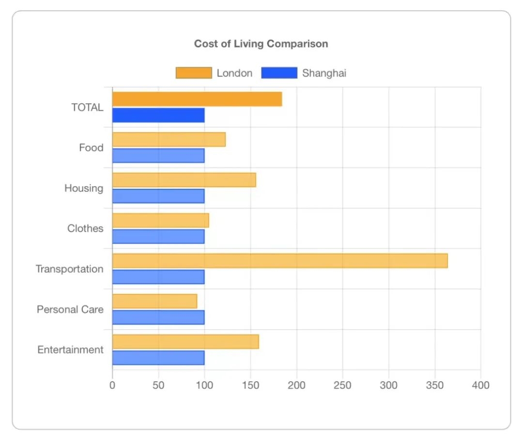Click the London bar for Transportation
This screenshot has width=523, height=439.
coord(280,260)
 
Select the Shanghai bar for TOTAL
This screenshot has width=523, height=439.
coord(158,115)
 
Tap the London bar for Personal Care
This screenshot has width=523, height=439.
coord(154,301)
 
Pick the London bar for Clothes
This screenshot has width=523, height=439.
coord(160,220)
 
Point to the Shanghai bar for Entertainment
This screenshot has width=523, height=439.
coord(158,358)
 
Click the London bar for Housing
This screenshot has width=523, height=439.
coord(184,180)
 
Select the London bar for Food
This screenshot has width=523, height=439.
coord(169,139)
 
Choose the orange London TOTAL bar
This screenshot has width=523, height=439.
coord(197,99)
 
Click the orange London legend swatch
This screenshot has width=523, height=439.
coord(194,73)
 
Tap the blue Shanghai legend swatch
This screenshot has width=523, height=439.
coord(279,73)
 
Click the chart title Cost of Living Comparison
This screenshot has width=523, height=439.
coord(261,44)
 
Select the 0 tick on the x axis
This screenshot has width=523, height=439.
coord(112,385)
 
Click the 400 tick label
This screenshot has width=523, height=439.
coord(480,385)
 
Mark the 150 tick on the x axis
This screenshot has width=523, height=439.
coord(250,385)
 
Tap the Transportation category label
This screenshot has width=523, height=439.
coord(69,269)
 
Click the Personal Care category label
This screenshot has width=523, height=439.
coord(70,309)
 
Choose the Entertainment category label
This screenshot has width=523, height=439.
coord(70,349)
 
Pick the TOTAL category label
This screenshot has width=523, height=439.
coord(87,107)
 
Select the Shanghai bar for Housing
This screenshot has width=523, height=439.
coord(158,196)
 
